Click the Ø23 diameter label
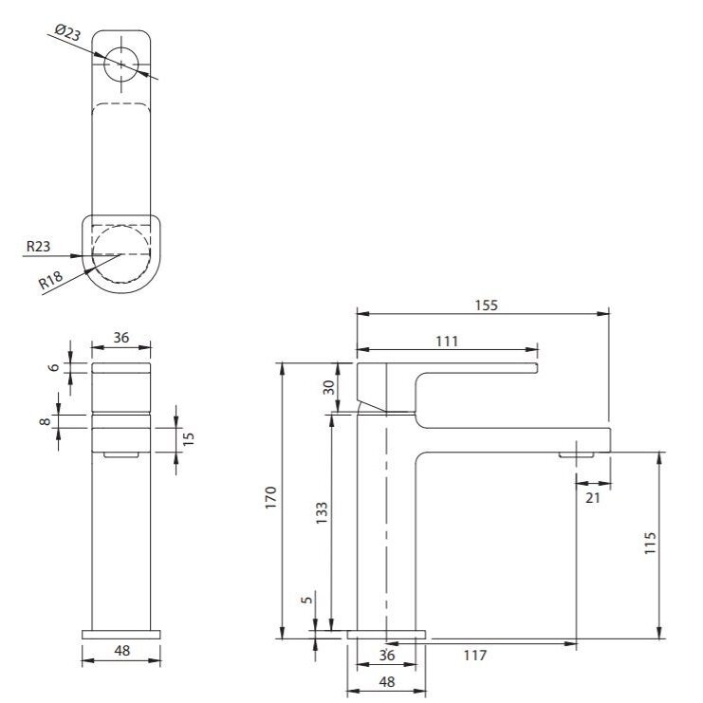[x=67, y=32]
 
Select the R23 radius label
[x=39, y=246]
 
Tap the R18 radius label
[x=50, y=281]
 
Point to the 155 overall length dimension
[x=487, y=305]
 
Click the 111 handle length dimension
[x=447, y=342]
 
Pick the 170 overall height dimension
[x=270, y=497]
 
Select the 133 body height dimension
[x=322, y=513]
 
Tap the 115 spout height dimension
[x=650, y=543]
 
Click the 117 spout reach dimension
[x=474, y=656]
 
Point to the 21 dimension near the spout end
[x=593, y=498]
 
